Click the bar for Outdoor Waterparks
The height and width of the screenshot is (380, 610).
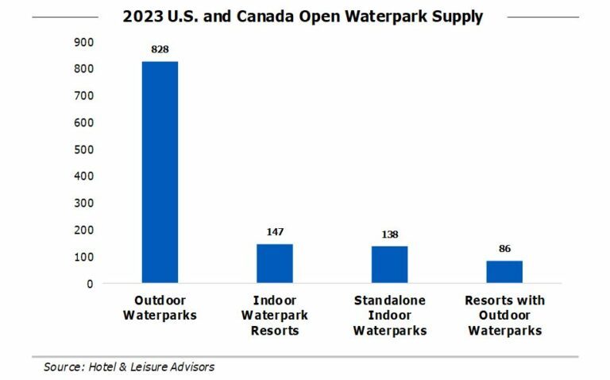coord(160,172)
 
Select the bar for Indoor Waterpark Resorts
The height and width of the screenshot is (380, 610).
coord(274,263)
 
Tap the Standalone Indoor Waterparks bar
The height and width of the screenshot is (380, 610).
coord(389,264)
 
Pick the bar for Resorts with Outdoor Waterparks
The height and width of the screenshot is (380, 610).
coord(504,271)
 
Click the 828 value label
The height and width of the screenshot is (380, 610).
coord(160,49)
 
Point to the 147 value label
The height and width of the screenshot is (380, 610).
coord(274,232)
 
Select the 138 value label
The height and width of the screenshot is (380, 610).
coord(389,234)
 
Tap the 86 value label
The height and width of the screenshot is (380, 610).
coord(504,248)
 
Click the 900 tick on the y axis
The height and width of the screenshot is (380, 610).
coord(84,41)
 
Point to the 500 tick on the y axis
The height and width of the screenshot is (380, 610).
coord(84,149)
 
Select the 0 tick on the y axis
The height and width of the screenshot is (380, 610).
coord(91,283)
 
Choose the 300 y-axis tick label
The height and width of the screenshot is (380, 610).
coord(84,203)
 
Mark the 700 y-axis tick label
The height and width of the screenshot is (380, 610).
coord(84,95)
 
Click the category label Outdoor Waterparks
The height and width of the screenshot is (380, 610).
coord(160,308)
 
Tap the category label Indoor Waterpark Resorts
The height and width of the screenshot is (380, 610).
coord(274,315)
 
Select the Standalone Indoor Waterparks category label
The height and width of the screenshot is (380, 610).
coord(389,315)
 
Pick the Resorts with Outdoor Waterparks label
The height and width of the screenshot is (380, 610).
coord(504,315)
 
